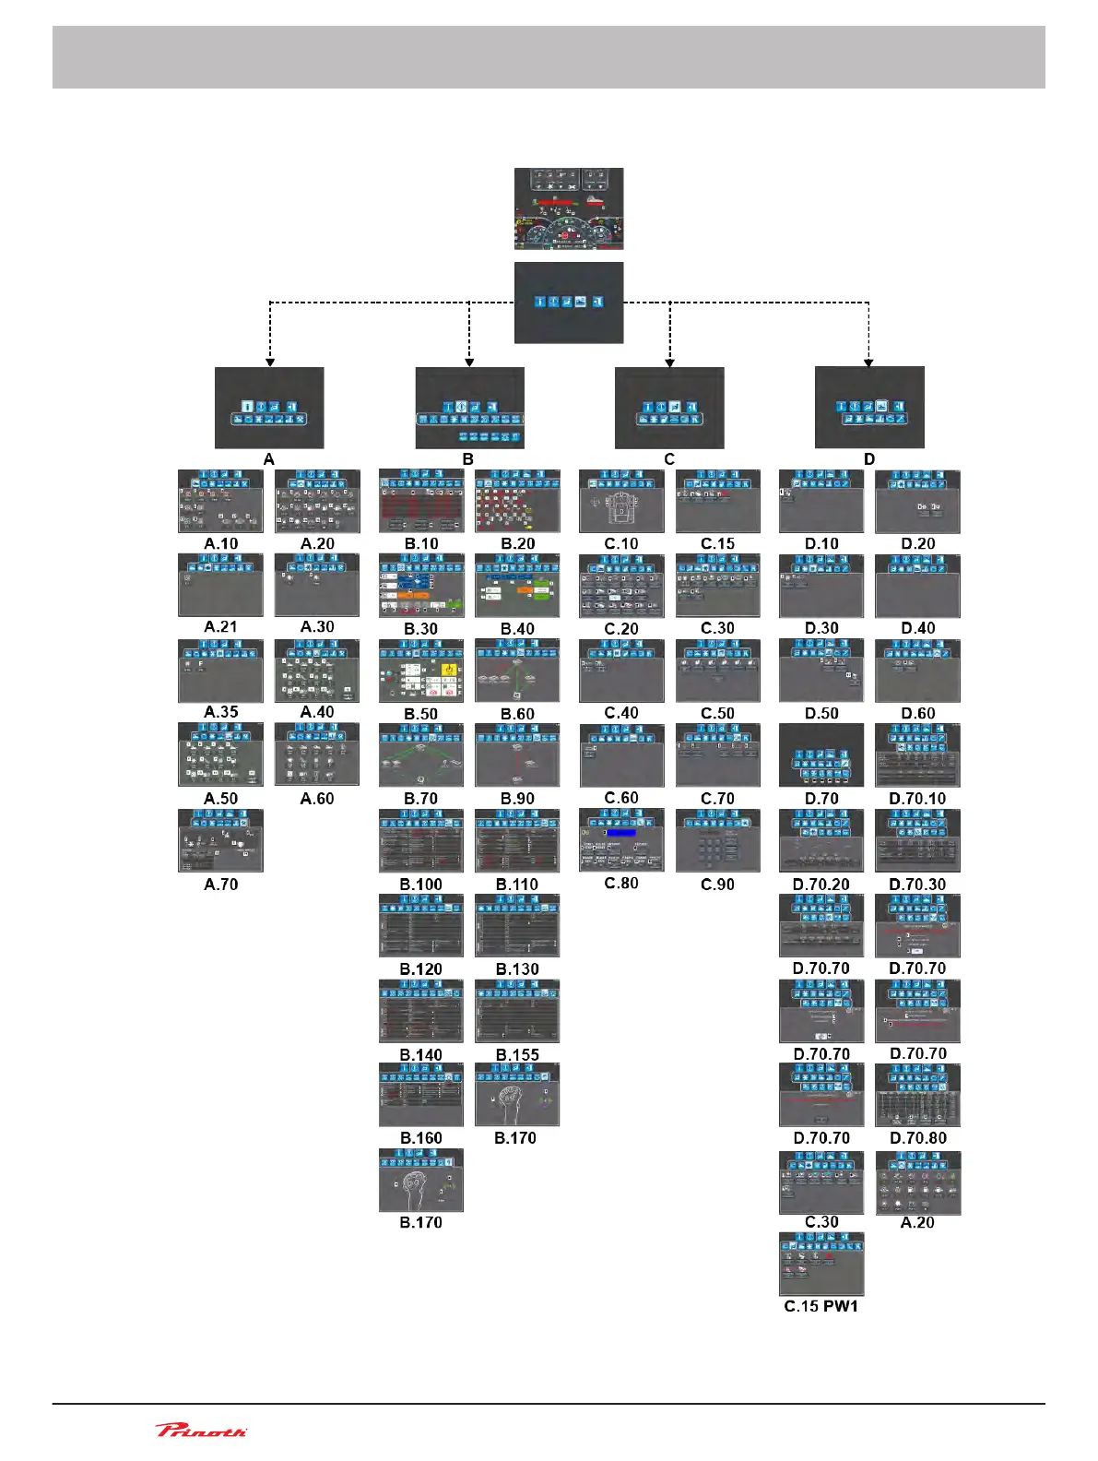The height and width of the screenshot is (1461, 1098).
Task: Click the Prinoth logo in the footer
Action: coord(201,1430)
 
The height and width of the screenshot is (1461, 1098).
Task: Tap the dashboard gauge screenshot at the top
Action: coord(569,208)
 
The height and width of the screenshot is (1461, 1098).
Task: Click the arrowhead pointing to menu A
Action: coord(269,362)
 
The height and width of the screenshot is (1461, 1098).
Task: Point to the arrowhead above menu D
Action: coord(868,362)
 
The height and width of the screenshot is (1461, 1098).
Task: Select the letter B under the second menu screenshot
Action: coord(468,458)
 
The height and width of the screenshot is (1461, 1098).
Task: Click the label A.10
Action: coord(221,543)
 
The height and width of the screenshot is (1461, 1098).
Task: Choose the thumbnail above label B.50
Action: coord(421,671)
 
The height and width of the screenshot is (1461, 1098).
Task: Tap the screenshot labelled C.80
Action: coord(621,840)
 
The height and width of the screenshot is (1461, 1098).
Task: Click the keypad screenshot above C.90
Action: coord(717,840)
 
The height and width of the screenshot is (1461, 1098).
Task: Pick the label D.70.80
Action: coord(918,1138)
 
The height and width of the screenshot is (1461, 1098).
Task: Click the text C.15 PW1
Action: coord(821,1306)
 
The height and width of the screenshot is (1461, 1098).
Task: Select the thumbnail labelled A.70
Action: coord(221,840)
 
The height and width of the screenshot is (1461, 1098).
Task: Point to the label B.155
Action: coord(517,1054)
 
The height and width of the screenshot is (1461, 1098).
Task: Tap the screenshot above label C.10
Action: coord(621,501)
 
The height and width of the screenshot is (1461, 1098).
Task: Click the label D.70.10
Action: coord(917,799)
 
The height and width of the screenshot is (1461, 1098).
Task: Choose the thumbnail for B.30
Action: coord(421,586)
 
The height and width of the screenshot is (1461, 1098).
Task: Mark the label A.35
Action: coord(221,712)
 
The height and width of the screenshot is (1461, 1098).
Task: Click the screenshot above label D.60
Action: coord(917,671)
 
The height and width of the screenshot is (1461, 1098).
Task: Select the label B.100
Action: coord(421,884)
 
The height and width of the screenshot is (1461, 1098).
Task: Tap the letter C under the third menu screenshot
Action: coord(669,458)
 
